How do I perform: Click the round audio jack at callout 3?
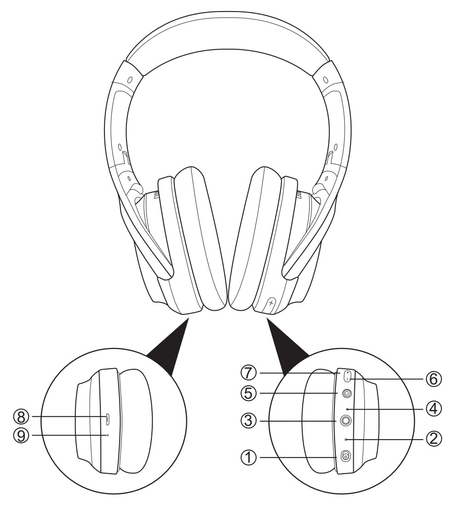pos(346,420)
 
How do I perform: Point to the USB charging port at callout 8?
pos(108,418)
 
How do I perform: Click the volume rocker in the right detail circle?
pos(347,375)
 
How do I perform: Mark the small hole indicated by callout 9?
pos(107,435)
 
